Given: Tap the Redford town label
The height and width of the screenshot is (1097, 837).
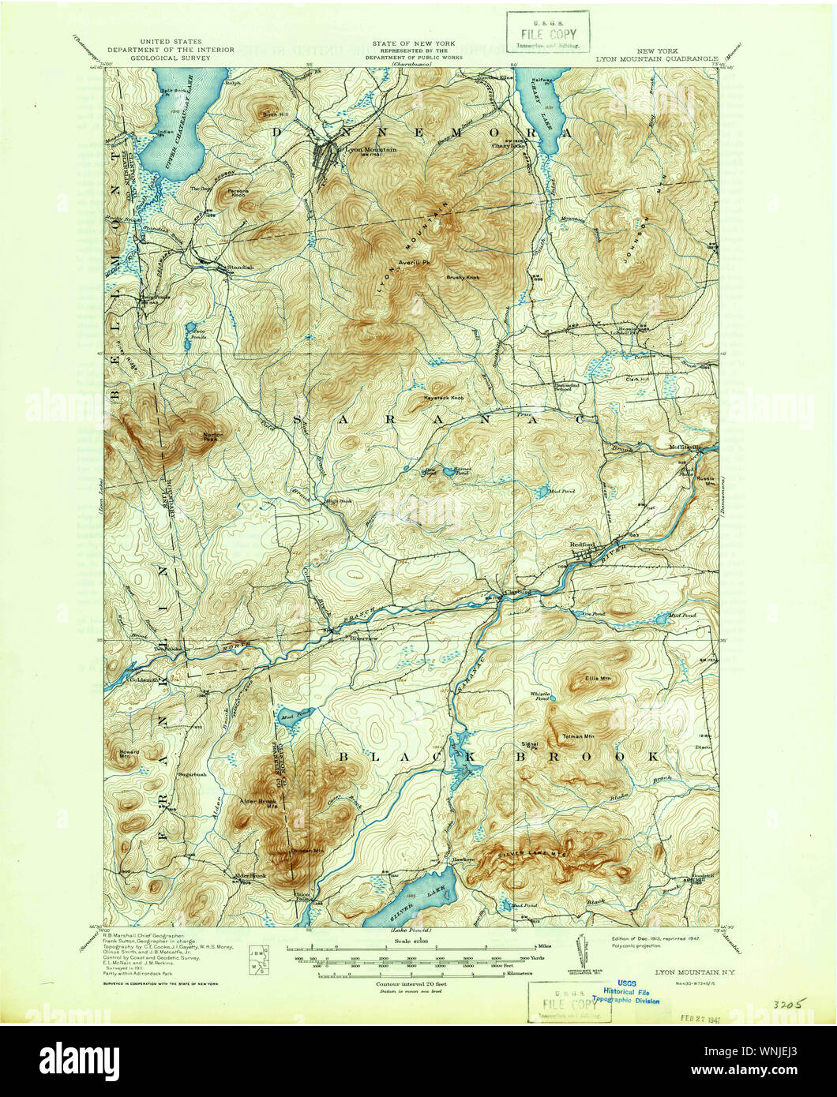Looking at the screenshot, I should [x=581, y=544].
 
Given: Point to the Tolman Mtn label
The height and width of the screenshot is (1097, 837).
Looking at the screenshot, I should [x=578, y=736].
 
